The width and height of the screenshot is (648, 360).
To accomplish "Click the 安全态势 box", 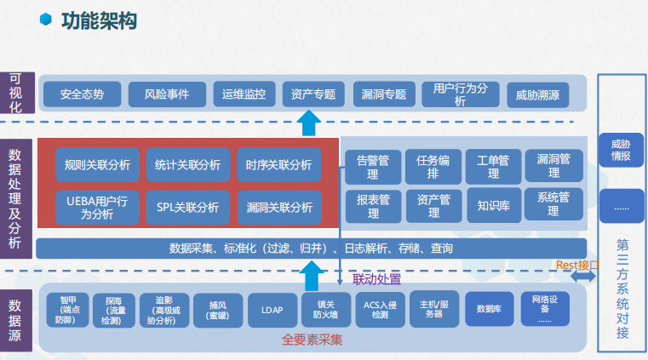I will [82, 94].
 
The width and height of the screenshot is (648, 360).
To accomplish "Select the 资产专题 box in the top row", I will [313, 94].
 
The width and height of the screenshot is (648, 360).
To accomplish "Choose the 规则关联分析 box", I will [97, 165].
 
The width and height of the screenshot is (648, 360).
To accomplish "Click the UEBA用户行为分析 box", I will [97, 208].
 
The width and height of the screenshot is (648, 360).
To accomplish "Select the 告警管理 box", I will [372, 166].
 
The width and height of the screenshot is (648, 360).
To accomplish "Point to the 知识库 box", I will [493, 205].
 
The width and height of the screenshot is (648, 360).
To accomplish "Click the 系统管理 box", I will [553, 205].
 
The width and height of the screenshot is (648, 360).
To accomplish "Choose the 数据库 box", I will [489, 310].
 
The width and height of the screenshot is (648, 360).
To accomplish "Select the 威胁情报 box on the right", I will [621, 151].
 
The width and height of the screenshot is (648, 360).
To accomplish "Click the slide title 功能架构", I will [100, 20].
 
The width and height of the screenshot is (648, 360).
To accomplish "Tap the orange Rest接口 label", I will [578, 265].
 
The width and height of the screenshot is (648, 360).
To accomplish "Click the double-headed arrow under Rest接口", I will [583, 277].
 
